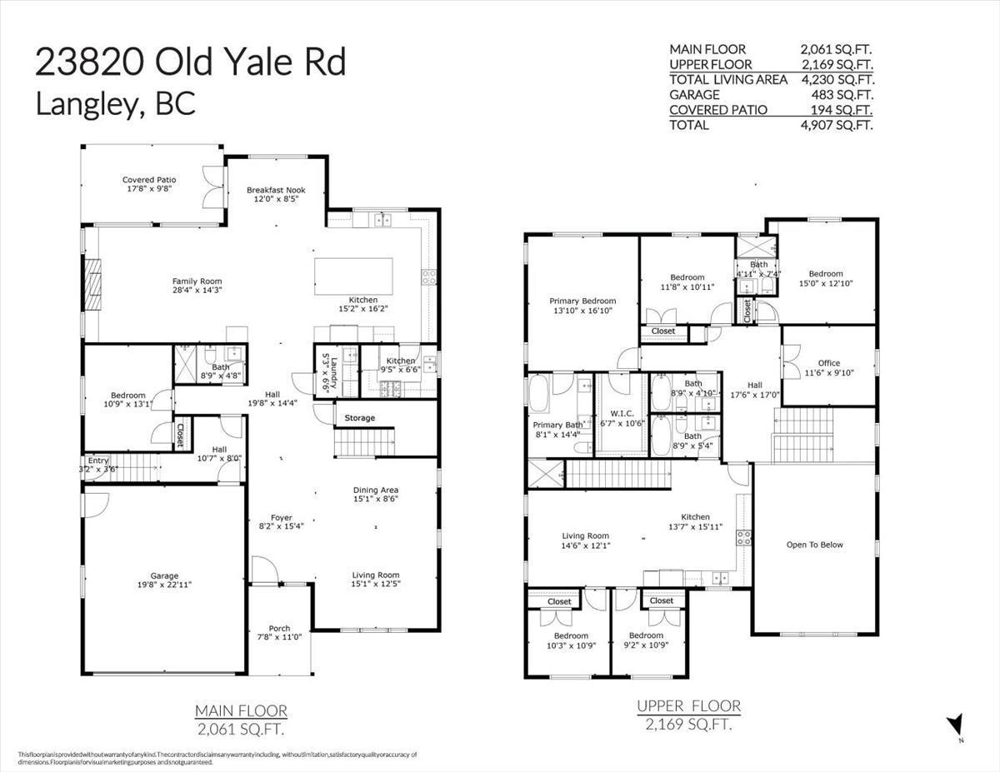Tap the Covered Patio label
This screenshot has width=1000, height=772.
point(149,180)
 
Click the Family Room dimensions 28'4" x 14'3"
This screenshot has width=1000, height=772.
point(197,291)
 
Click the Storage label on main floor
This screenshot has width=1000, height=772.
point(359,418)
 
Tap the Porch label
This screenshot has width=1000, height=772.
point(279,628)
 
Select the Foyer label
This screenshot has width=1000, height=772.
point(281,517)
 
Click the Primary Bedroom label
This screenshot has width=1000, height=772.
point(582,301)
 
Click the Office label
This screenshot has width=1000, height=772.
point(828,362)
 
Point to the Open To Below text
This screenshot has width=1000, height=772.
point(814,545)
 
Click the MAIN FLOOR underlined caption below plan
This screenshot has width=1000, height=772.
point(241,711)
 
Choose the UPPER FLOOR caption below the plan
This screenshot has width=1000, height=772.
point(688,706)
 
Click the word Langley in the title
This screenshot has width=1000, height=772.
point(81,102)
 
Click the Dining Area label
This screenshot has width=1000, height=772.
point(375,491)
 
